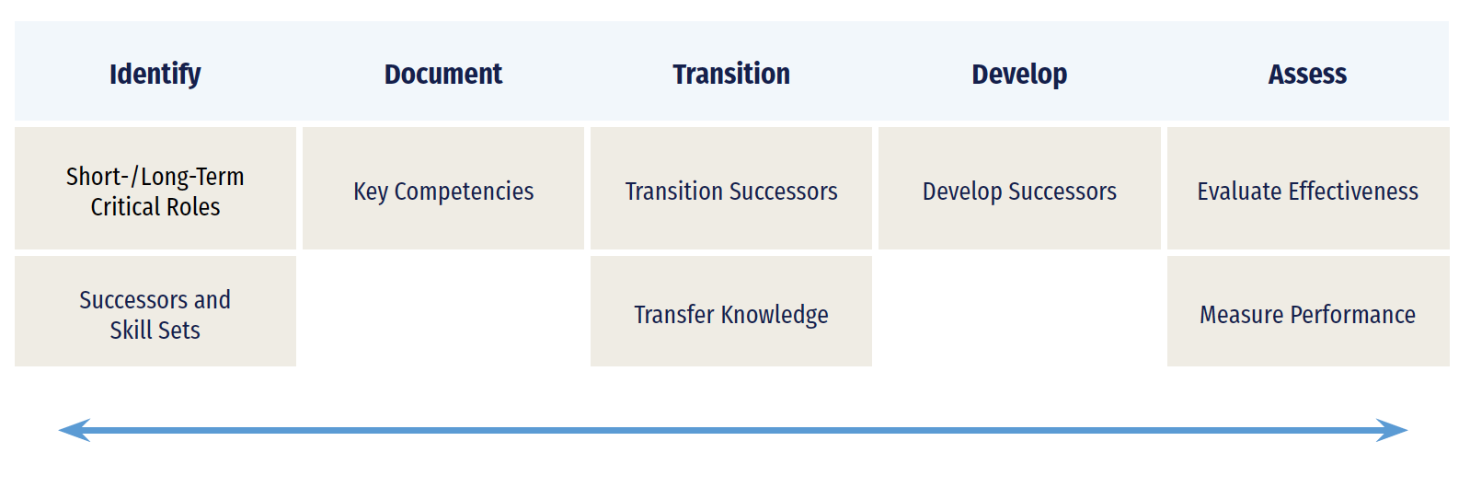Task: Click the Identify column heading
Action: pos(155,75)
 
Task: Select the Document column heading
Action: pos(443,74)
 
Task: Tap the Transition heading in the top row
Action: pos(731,74)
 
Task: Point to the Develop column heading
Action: pos(1019,75)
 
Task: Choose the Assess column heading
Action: pos(1307,74)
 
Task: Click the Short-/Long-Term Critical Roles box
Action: pos(155,189)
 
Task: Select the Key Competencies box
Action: pos(443,189)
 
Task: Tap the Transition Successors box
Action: pos(731,189)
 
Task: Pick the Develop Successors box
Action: pos(1019,189)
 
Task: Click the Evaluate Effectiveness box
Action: pos(1308,189)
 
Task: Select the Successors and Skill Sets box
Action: pos(155,311)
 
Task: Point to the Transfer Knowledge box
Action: pos(731,311)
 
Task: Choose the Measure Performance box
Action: pos(1308,311)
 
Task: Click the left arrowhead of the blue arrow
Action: pos(74,430)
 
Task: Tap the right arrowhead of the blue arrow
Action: pos(1392,430)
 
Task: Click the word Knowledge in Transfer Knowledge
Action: pos(775,315)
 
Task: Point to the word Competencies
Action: pos(464,192)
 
